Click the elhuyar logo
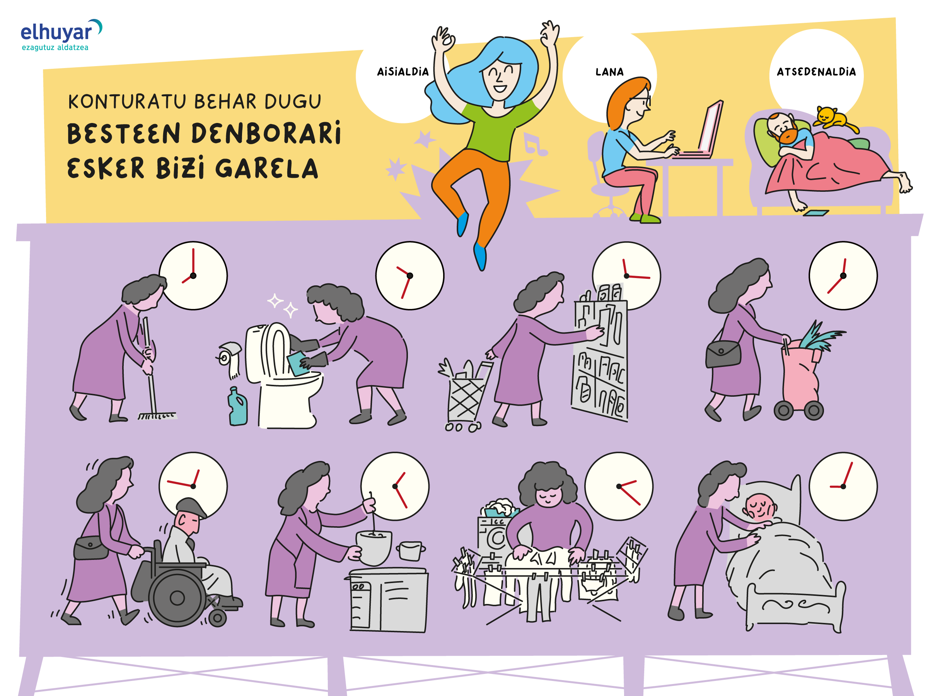pos(61,35)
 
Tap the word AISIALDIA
pos(403,72)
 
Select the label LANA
pos(609,72)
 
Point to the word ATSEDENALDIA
pos(816,72)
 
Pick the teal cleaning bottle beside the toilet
pos(237,406)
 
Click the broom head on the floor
pos(157,416)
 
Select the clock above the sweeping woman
pos(193,276)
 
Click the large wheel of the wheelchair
pos(177,598)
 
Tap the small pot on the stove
pos(410,551)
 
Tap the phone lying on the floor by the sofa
pos(816,213)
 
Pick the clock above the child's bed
pos(843,486)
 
